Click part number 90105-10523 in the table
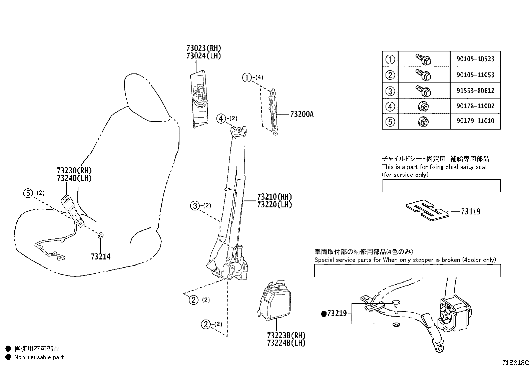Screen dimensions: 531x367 pos(475,59)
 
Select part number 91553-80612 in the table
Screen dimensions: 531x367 pos(475,91)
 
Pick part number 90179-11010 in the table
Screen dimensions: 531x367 pos(475,121)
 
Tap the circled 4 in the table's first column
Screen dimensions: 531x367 pos(390,107)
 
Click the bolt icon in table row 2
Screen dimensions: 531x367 pos(424,75)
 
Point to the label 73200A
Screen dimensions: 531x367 pos(302,115)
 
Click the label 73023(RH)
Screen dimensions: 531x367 pos(204,48)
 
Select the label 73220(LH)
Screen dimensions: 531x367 pos(275,205)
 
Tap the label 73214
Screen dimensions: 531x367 pos(101,256)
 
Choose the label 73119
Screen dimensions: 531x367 pos(471,211)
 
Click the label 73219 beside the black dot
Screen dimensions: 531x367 pos(337,314)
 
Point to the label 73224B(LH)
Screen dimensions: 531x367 pos(287,343)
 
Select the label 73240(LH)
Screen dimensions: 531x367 pos(74,178)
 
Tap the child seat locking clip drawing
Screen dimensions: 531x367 pos(427,210)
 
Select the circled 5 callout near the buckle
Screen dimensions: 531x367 pos(28,193)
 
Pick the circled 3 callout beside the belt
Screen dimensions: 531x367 pos(195,206)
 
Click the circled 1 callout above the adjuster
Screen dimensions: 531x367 pos(247,77)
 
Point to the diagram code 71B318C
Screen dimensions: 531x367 pos(515,363)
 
